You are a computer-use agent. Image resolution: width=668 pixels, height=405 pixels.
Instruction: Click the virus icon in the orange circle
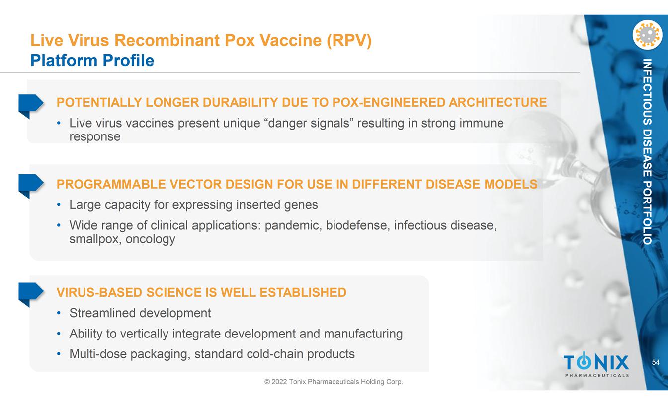[647, 35]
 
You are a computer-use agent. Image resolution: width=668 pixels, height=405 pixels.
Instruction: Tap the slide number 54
[656, 362]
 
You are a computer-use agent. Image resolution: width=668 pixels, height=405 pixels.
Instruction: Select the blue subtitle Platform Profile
[92, 60]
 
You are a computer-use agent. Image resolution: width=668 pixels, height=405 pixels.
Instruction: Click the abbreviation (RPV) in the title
[349, 40]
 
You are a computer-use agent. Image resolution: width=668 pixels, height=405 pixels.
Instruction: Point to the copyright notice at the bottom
[334, 382]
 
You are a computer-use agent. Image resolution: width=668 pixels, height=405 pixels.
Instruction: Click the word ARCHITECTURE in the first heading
[498, 102]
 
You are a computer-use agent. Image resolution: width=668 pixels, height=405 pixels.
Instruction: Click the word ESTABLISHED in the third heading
[303, 292]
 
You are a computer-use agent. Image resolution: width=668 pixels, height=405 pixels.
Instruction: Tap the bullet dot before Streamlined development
[59, 313]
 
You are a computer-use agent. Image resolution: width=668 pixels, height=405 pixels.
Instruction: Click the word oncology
[150, 239]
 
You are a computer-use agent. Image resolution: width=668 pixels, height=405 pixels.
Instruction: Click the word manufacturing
[363, 334]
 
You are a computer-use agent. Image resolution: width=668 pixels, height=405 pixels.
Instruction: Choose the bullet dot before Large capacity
[59, 205]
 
